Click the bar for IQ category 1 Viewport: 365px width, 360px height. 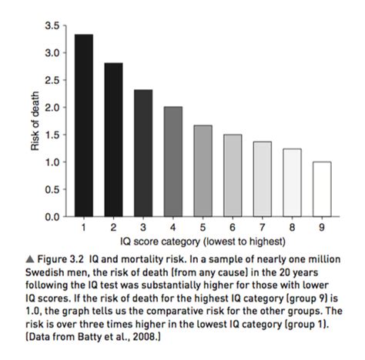point(84,125)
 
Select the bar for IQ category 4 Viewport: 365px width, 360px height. point(173,162)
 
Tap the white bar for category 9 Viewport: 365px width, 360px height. point(322,189)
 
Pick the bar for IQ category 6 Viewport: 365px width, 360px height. point(233,175)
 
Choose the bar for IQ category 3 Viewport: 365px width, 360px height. point(143,153)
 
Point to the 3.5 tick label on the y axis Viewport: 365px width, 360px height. point(52,25)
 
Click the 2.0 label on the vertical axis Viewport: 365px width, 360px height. point(52,108)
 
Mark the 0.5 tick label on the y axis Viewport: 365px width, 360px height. point(52,189)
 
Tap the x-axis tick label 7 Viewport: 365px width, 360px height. point(263,227)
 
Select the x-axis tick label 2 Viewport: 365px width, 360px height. point(113,227)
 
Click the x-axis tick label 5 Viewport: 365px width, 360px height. point(203,227)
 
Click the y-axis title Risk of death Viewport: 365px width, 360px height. point(35,121)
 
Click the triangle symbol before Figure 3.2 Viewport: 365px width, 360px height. point(30,259)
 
